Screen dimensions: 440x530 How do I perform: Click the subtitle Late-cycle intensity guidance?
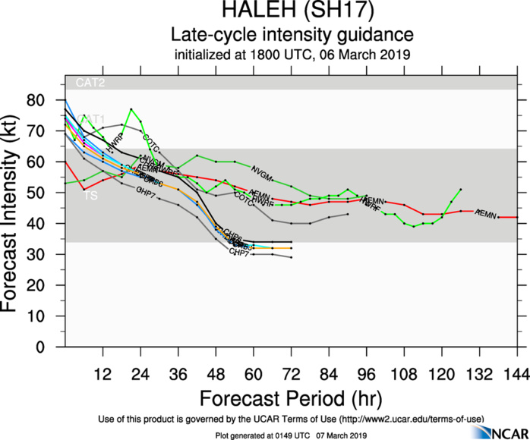[292, 35]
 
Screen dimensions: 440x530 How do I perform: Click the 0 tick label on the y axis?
[51, 347]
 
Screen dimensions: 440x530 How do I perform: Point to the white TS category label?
[90, 196]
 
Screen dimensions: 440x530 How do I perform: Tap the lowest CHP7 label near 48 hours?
[240, 251]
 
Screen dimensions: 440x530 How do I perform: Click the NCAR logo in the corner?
[497, 430]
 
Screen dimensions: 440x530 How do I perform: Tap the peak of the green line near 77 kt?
[131, 109]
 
